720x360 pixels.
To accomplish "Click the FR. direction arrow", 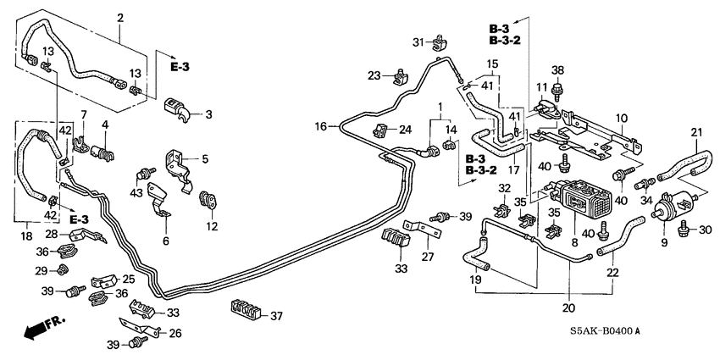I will pyautogui.click(x=38, y=330).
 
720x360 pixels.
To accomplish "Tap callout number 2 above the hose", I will pyautogui.click(x=119, y=18).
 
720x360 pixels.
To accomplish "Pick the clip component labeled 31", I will pyautogui.click(x=440, y=40).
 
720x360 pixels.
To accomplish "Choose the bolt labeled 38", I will pyautogui.click(x=557, y=87).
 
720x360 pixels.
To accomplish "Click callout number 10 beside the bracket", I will pyautogui.click(x=620, y=118).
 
